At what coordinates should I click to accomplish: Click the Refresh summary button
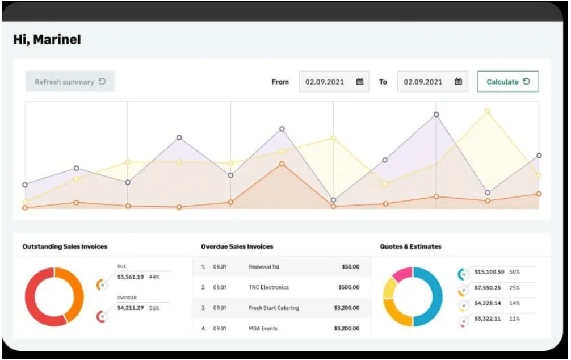70,82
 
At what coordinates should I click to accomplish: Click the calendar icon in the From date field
359,82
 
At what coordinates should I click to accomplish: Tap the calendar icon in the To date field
458,82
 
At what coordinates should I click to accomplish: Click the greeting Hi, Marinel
47,40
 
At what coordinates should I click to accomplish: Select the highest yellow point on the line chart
487,111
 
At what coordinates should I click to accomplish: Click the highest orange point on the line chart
282,164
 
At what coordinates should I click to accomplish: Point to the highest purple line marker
436,115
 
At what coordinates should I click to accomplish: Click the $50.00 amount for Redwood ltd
350,266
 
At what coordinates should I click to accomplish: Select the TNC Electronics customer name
268,287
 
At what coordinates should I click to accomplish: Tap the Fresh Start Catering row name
274,308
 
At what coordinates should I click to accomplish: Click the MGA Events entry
263,329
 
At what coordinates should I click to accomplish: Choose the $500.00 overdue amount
349,287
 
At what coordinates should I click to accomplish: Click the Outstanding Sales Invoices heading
65,246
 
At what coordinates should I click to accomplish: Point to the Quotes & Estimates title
410,246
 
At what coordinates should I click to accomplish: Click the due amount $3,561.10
130,277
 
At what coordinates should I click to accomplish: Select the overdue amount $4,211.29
130,308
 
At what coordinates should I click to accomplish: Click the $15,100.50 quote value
489,272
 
